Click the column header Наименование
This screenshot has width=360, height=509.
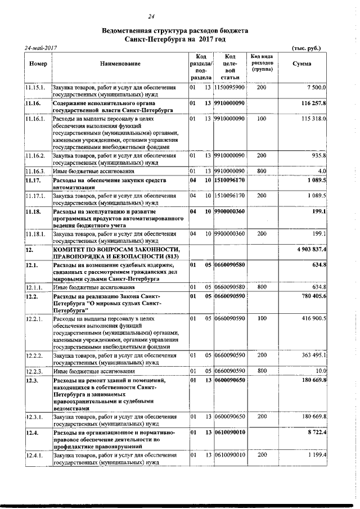tap(120, 65)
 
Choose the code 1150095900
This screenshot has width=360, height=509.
tap(229, 88)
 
